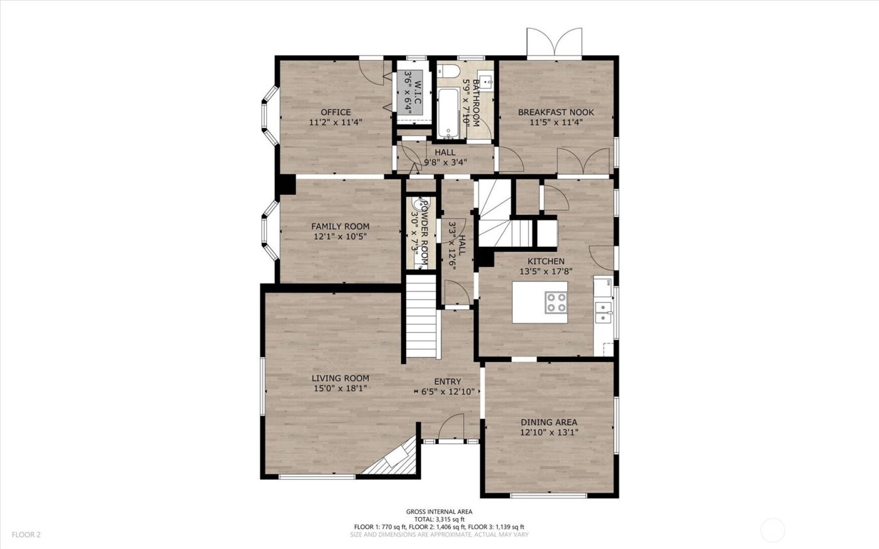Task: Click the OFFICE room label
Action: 336,112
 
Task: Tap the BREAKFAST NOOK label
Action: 556,112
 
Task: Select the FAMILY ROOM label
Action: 340,226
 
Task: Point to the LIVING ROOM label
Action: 340,378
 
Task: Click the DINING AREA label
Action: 549,422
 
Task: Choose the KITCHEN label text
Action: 546,261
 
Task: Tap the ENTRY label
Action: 448,381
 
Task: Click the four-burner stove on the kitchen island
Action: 556,302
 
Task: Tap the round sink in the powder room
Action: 417,204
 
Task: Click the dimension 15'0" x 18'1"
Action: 340,388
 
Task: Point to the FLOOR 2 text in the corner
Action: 26,535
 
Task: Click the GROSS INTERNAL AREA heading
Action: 439,512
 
